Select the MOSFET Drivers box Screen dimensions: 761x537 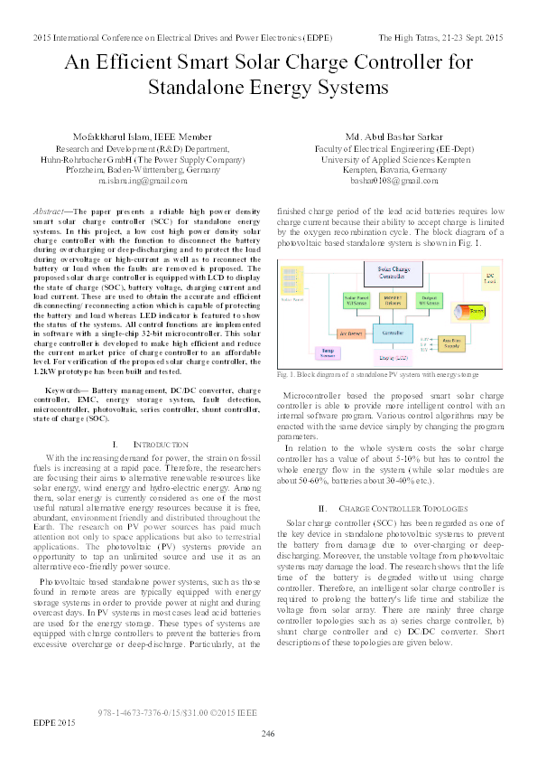click(394, 299)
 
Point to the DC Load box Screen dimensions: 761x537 click(491, 276)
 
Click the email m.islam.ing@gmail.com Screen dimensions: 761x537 click(137, 181)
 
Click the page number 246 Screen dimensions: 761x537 click(267, 733)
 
